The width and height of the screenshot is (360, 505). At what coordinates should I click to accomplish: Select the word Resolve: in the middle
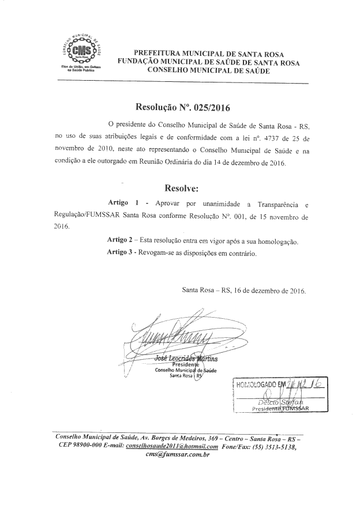pos(181,188)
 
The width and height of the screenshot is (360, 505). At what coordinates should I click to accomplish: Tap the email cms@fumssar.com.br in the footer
pos(178,455)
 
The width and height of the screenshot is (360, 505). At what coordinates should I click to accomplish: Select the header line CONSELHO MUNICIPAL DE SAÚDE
pos(208,69)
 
